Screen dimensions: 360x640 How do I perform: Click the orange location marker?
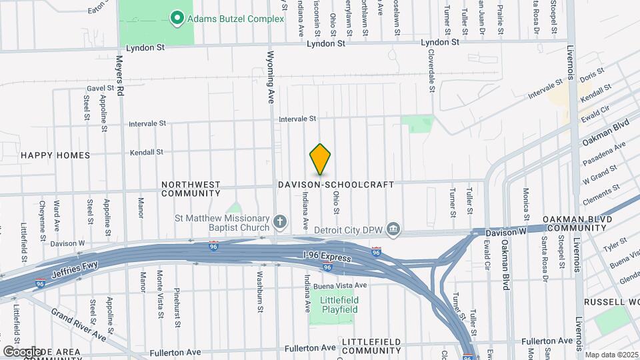click(321, 159)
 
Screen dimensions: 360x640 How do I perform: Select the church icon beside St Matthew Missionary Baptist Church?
click(281, 221)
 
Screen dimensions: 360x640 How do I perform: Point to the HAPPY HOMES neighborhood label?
click(55, 155)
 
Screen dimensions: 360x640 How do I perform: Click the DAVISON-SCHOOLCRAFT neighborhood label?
click(336, 184)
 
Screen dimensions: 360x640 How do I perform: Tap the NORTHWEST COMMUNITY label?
click(191, 189)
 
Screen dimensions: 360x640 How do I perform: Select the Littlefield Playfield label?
click(340, 305)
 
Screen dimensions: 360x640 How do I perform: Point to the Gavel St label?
click(101, 88)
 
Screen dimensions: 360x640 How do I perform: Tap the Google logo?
click(22, 351)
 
